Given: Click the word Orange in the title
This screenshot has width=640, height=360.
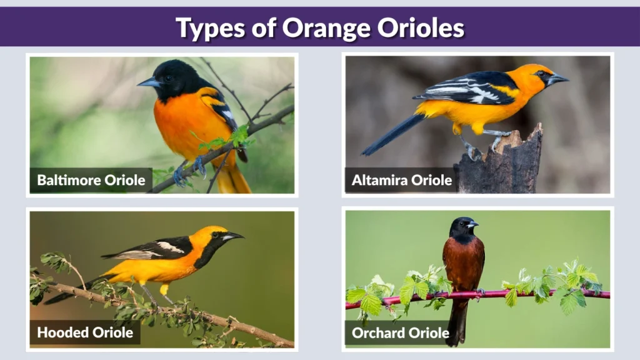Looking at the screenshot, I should (x=318, y=28).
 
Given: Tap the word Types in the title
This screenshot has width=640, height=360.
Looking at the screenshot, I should (x=210, y=28).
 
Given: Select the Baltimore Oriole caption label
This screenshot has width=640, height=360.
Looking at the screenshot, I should (x=91, y=181).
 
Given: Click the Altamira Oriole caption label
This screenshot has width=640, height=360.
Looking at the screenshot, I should (x=401, y=181).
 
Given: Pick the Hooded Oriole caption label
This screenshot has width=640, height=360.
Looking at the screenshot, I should (x=84, y=332).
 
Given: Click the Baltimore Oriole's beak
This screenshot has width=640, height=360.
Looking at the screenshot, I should (x=147, y=82).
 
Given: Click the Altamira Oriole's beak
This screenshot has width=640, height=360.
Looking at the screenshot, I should (x=558, y=79).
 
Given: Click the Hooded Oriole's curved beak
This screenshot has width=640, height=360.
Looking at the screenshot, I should (x=234, y=236).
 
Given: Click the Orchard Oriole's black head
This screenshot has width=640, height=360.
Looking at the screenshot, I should (x=462, y=228).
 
